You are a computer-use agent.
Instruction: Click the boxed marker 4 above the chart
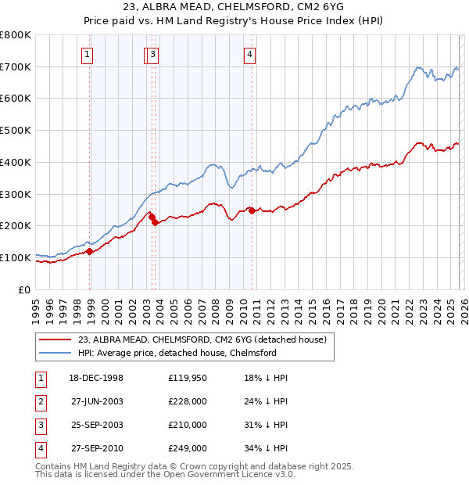249,54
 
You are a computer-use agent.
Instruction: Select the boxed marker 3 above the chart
153,54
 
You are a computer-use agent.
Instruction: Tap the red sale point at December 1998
90,251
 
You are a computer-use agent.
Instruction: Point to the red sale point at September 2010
252,210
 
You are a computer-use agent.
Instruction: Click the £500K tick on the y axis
16,131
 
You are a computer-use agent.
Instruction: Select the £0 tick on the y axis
23,289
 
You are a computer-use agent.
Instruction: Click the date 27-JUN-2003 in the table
97,402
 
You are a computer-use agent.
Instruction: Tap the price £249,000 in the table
188,449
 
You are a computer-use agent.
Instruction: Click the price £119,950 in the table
188,379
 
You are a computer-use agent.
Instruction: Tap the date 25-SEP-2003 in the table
97,426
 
